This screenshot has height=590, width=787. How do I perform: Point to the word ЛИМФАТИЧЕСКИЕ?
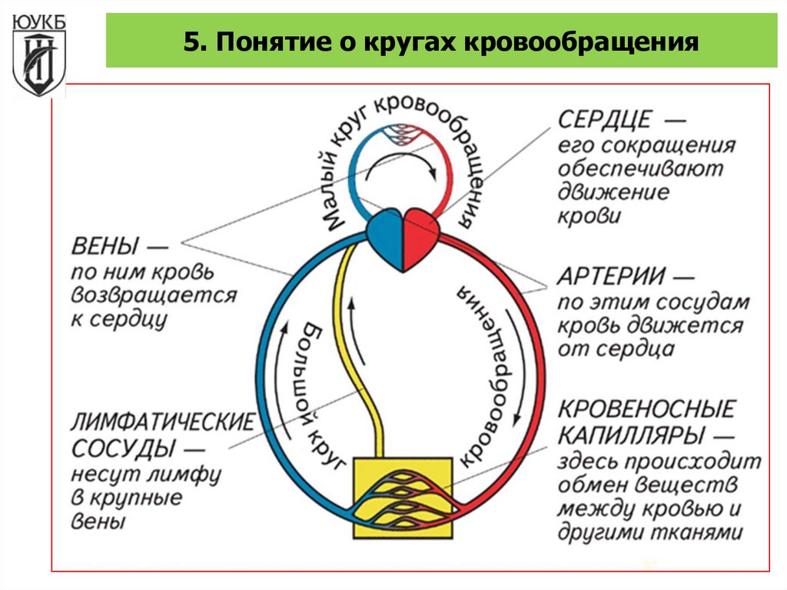(x=162, y=422)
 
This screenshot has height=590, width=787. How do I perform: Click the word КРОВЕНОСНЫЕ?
(x=646, y=408)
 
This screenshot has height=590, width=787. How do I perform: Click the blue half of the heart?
(x=385, y=241)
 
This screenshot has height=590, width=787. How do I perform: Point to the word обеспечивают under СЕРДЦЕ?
(x=640, y=168)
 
